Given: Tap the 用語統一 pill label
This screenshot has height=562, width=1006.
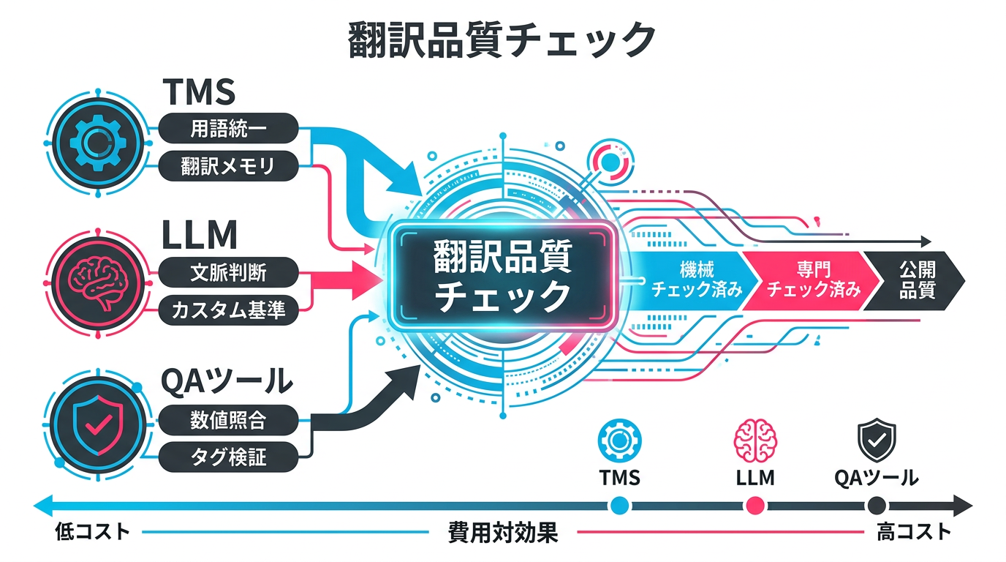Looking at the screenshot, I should tap(227, 129).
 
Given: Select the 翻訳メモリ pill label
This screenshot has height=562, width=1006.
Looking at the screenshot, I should tap(227, 166).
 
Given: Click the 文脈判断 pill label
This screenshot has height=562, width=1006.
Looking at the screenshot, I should tap(227, 274).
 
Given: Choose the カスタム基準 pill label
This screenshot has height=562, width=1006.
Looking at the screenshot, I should tap(227, 311).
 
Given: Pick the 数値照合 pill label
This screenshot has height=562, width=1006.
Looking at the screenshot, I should tap(227, 420).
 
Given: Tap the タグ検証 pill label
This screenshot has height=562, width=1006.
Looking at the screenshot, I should tap(227, 457).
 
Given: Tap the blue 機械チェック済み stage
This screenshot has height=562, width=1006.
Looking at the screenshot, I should tap(691, 280).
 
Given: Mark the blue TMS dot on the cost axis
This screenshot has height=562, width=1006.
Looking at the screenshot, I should tap(619, 505).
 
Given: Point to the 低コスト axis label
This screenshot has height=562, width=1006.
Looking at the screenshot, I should tap(92, 532).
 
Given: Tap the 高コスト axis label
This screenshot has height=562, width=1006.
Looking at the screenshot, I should tap(914, 532).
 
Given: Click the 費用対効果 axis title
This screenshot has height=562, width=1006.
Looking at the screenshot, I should tap(502, 533).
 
